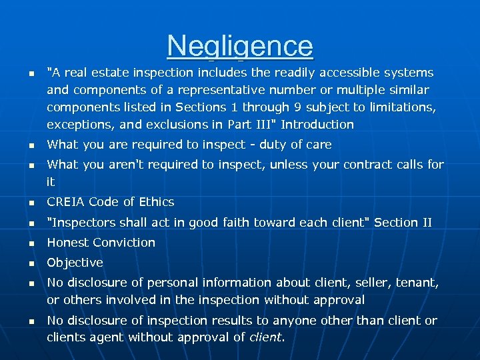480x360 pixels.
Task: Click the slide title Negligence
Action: (240, 46)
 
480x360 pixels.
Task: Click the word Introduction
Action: (317, 125)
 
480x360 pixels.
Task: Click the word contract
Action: (371, 165)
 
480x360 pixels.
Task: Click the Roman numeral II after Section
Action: (425, 222)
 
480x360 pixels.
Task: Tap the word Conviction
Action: (125, 243)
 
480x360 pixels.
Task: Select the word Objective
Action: (75, 263)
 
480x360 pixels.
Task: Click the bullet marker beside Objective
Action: (30, 263)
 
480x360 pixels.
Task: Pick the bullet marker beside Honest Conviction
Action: (30, 243)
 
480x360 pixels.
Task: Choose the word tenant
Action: (419, 283)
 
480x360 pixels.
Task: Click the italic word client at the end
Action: (265, 338)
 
